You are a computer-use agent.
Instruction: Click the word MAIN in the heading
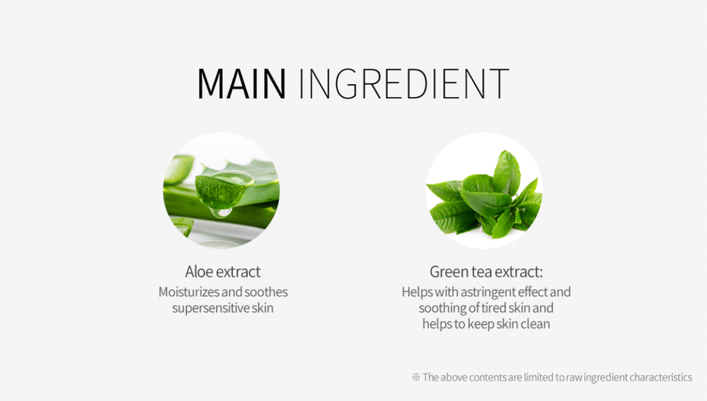tap(242, 84)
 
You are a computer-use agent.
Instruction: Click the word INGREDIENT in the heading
tap(404, 84)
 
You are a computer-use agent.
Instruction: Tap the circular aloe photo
tap(221, 190)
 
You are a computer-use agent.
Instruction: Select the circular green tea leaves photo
tap(484, 190)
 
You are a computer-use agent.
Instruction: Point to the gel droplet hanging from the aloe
tap(221, 212)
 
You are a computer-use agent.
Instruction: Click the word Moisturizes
tap(189, 292)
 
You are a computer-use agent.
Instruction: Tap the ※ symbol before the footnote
tap(416, 377)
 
